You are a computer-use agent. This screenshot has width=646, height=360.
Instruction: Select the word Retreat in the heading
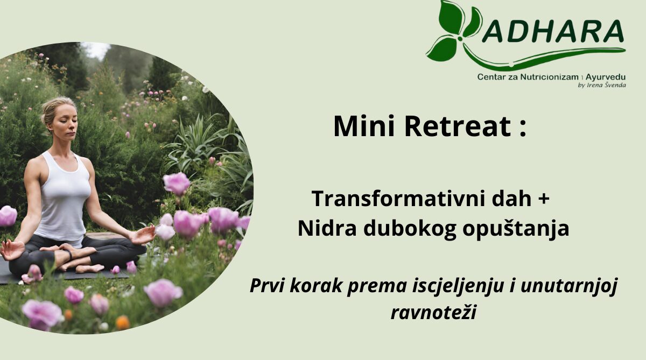(x=458, y=126)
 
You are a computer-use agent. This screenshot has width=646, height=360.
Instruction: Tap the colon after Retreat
(x=523, y=129)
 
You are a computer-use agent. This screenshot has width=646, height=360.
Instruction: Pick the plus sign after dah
(x=543, y=199)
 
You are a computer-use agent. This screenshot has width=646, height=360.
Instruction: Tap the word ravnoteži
(x=433, y=312)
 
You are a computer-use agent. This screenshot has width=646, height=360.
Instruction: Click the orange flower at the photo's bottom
(x=123, y=322)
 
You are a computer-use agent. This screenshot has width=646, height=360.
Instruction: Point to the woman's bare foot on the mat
(x=89, y=269)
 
